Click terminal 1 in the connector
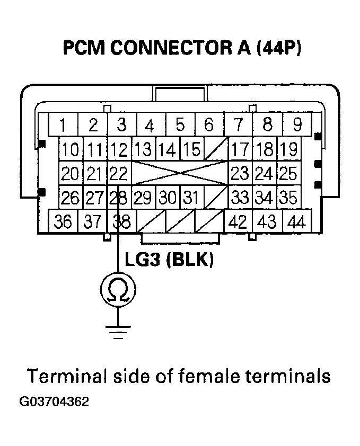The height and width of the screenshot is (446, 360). point(63,126)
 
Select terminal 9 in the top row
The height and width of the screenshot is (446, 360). point(297,126)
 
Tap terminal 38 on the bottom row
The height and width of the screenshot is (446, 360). point(121,221)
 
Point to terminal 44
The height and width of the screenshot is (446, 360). point(297,221)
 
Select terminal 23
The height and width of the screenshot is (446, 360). point(240,173)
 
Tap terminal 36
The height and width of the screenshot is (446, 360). point(63,221)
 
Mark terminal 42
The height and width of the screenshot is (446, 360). point(239,221)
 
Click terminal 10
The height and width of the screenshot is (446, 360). point(70,150)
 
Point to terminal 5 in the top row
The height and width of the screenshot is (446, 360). point(180,126)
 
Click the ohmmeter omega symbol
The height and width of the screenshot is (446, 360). point(118,289)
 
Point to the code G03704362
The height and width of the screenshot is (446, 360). point(54,401)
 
